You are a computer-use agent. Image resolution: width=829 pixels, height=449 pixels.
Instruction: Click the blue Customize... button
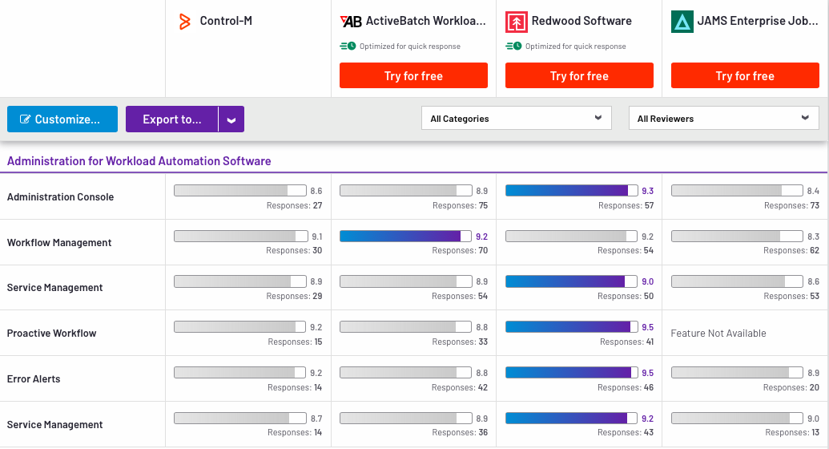(62, 119)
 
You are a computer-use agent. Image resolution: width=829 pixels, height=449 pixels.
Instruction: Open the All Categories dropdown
(516, 119)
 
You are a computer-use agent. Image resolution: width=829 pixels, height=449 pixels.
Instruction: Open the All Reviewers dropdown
(723, 119)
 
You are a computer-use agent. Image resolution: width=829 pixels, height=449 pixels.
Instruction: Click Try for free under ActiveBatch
(413, 76)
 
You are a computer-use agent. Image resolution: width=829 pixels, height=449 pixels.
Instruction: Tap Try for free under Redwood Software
(579, 76)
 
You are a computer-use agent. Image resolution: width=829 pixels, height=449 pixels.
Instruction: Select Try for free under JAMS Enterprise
(745, 76)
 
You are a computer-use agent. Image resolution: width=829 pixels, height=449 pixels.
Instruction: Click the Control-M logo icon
(185, 22)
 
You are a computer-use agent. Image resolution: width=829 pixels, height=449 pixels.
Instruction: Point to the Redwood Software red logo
(517, 22)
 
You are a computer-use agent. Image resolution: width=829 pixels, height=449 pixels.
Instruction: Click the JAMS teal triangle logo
(682, 22)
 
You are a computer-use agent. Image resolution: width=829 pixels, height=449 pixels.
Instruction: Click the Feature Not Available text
(718, 334)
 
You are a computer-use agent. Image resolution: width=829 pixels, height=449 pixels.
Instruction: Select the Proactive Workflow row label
(52, 334)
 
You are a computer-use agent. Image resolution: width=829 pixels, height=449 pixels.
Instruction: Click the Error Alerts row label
(34, 379)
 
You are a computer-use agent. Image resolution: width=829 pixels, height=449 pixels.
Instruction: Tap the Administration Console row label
(61, 197)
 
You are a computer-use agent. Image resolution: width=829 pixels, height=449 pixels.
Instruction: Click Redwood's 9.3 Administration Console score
(647, 191)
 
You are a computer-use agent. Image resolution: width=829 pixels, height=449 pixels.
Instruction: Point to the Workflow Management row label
(59, 243)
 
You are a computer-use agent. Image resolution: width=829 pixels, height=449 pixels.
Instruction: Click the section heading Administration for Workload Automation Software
(139, 161)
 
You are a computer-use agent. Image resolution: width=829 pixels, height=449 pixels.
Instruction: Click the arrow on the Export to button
(231, 119)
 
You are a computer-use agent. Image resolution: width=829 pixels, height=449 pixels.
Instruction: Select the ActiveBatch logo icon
(351, 22)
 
